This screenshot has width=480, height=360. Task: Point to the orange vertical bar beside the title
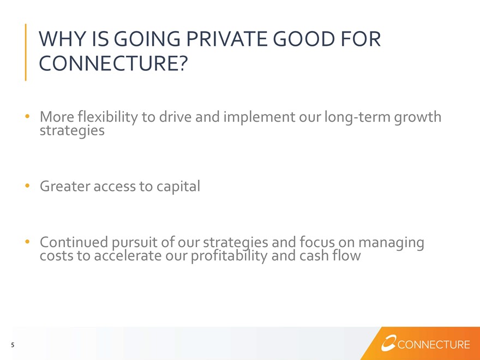coord(26,52)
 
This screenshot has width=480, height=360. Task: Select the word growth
coord(418,117)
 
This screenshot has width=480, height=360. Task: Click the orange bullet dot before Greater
coord(28,185)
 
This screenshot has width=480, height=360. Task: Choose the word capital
coord(178,187)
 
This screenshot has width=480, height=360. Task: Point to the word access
coord(115,187)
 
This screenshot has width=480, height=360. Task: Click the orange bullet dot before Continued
coord(28,242)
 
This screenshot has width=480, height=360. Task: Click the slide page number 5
coord(13,345)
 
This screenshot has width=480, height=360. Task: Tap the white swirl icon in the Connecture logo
coord(388,343)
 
